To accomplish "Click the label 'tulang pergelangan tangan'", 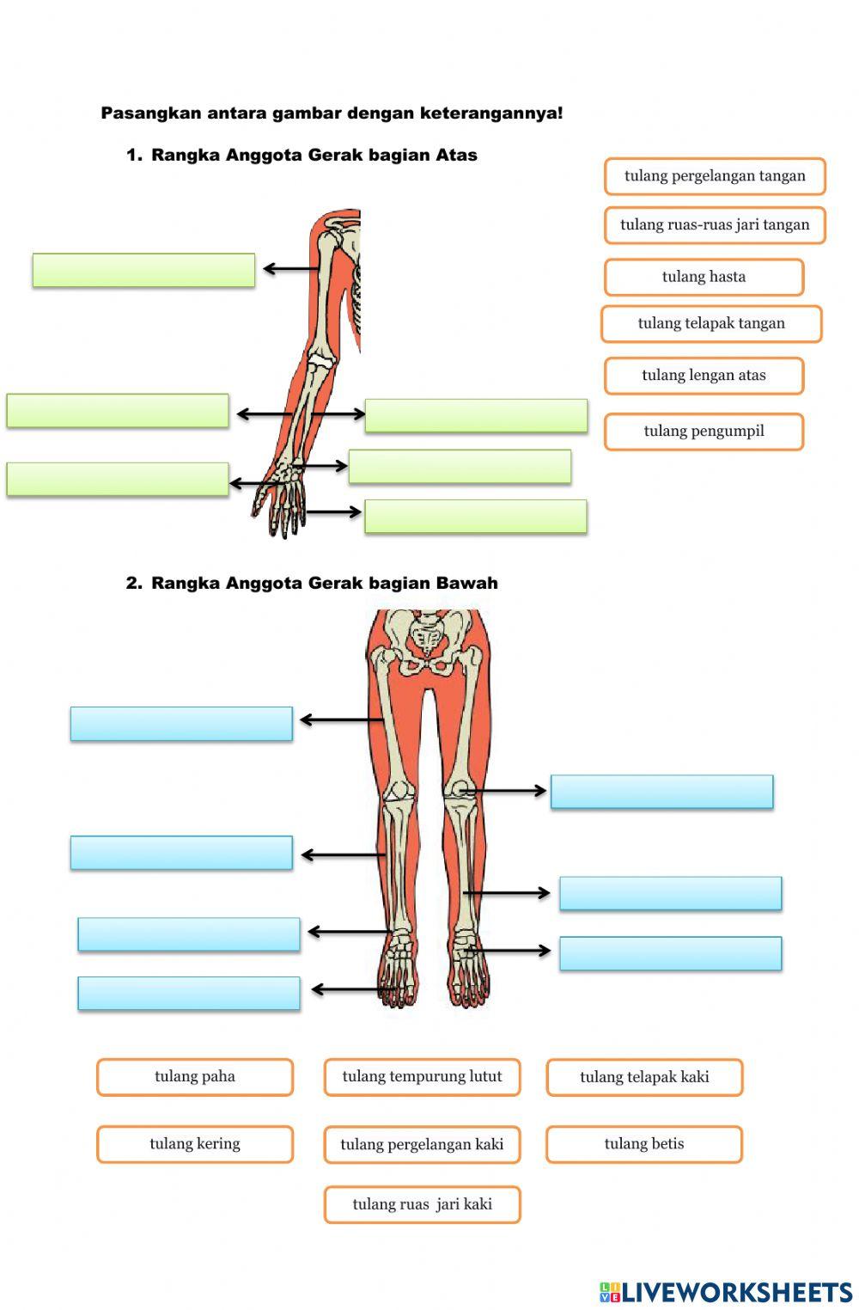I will click(x=715, y=176).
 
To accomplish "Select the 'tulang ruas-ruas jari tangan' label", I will click(x=715, y=225).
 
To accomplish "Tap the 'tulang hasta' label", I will click(x=704, y=277).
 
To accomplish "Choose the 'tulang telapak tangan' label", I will click(x=711, y=324).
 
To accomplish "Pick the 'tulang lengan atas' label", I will click(x=704, y=376).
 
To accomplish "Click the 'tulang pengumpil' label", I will click(x=704, y=432).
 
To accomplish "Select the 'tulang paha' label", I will click(x=195, y=1077).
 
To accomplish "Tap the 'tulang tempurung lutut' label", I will click(x=422, y=1077).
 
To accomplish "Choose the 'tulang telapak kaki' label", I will click(x=644, y=1077).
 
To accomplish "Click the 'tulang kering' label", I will click(x=195, y=1144).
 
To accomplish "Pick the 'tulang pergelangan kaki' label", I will click(x=422, y=1145).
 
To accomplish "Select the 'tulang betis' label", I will click(x=644, y=1144).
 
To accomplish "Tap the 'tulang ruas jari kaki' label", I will click(x=422, y=1204).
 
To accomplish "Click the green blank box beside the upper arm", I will click(x=143, y=270).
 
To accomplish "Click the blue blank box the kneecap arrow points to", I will click(x=661, y=792).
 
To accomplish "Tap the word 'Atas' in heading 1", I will click(x=456, y=156).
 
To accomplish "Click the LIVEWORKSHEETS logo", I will click(x=726, y=1292).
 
